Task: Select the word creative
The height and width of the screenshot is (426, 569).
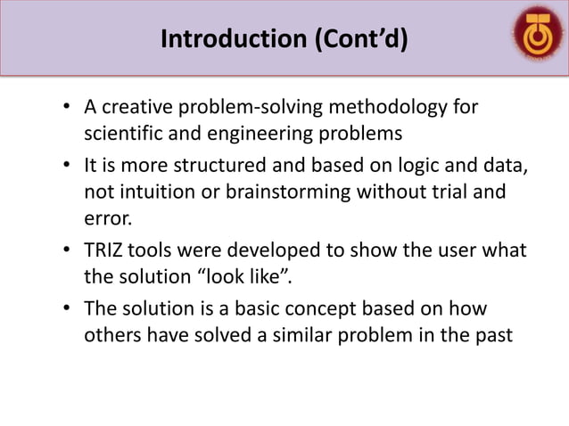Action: (x=135, y=109)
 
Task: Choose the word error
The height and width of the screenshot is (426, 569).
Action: (x=107, y=218)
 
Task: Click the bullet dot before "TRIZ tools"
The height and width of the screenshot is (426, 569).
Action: (x=66, y=251)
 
